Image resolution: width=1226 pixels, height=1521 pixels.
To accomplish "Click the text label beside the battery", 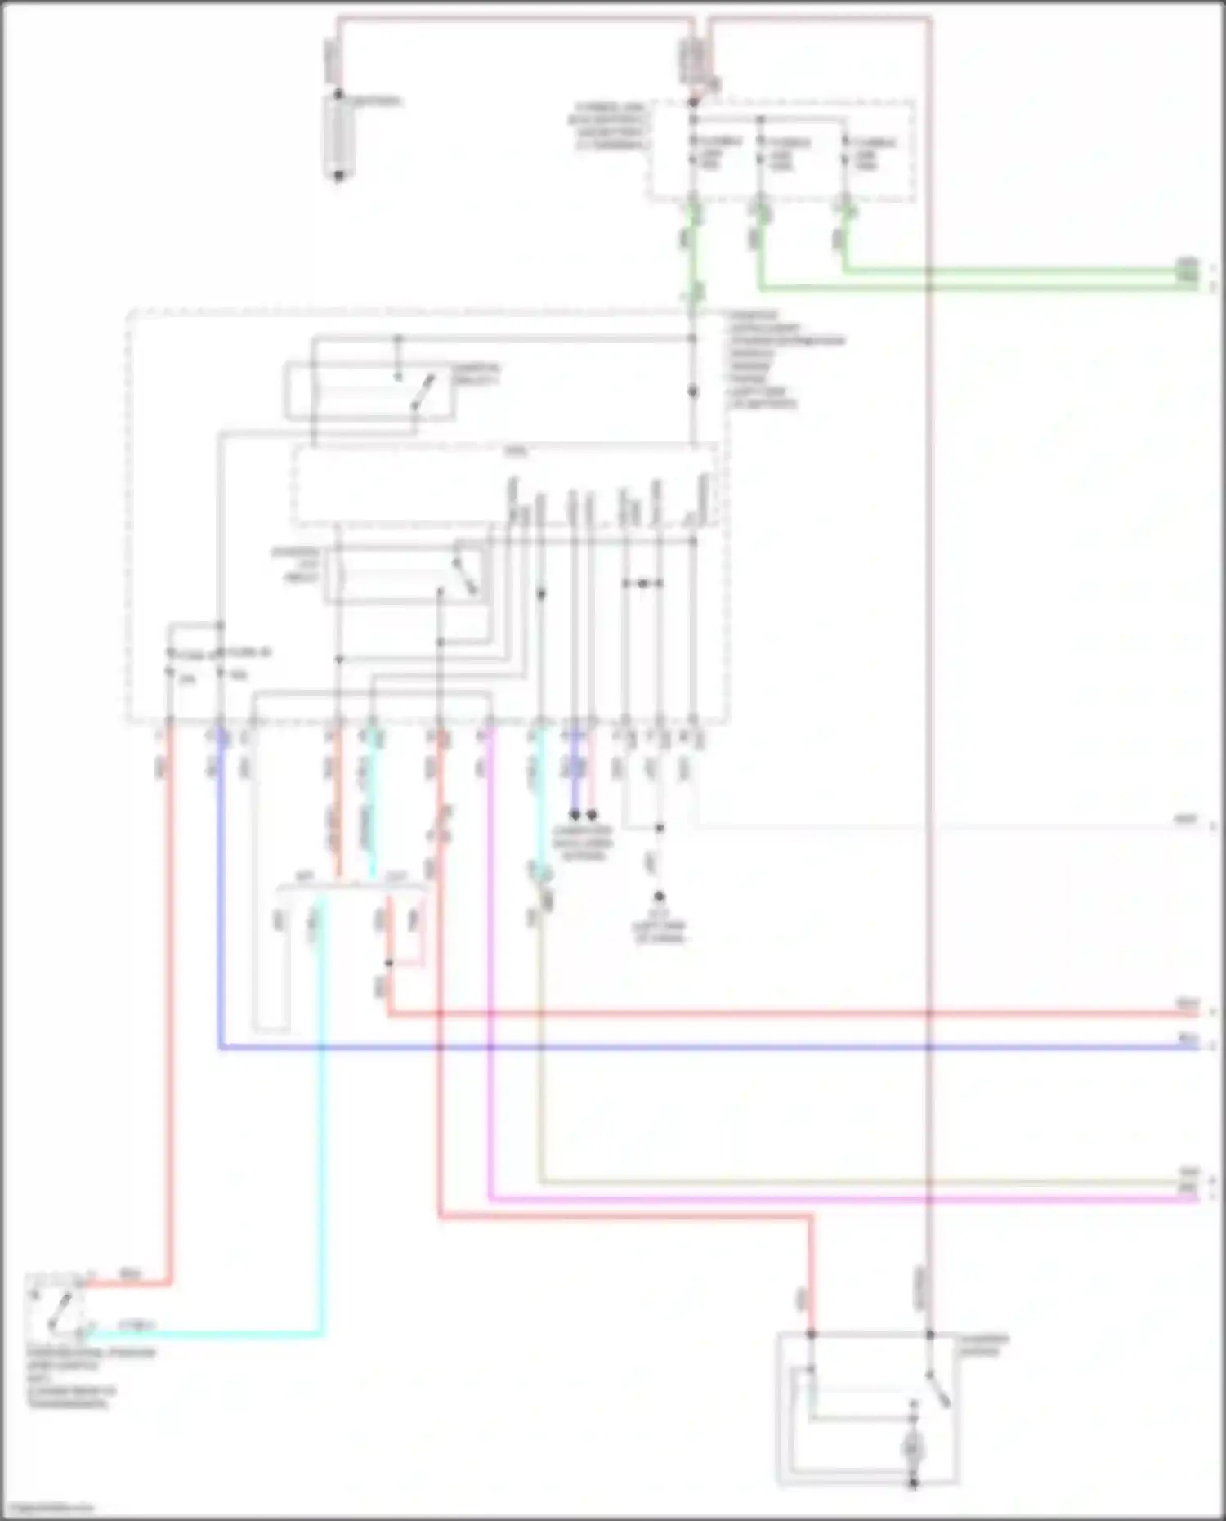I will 376,102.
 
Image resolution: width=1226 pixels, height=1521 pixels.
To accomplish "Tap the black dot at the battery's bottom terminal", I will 338,176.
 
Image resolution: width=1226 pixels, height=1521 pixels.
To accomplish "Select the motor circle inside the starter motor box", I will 912,1449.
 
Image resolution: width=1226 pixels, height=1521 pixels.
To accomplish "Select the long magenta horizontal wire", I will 817,1199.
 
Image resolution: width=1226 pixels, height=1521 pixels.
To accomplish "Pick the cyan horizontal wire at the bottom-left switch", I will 204,1335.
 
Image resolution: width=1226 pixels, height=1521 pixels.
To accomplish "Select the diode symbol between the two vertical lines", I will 642,584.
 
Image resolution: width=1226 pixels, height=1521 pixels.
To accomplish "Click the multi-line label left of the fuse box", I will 608,126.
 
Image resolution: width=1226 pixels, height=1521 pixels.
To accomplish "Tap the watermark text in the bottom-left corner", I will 47,1508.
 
